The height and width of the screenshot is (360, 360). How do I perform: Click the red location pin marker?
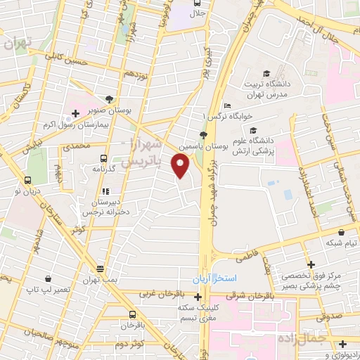(x=181, y=166)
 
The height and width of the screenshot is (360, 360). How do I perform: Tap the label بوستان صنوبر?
(x=108, y=109)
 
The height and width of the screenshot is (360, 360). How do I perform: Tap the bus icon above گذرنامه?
(x=104, y=159)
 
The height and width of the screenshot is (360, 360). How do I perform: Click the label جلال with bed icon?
(x=198, y=13)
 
